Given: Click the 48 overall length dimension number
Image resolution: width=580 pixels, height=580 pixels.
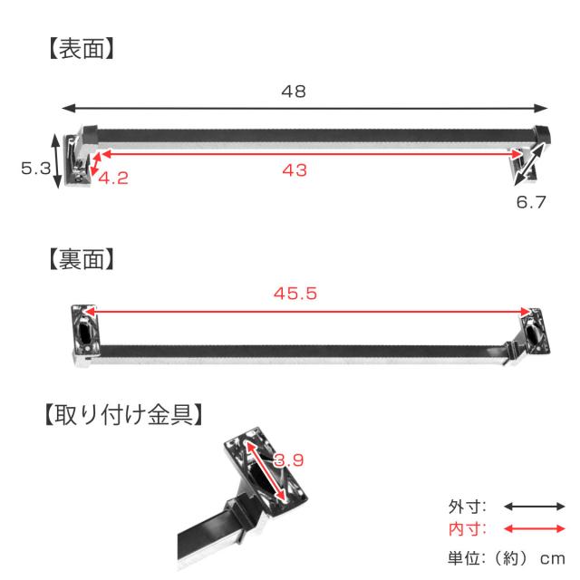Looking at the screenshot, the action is click(x=294, y=92).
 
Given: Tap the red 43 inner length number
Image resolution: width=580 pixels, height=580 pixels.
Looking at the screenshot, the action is click(x=295, y=170).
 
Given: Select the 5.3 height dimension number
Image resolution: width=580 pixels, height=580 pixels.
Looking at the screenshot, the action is click(x=35, y=169).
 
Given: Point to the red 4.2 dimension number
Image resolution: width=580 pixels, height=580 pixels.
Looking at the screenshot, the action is click(x=113, y=179).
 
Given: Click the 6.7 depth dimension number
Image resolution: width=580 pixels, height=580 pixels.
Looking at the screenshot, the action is click(x=531, y=202).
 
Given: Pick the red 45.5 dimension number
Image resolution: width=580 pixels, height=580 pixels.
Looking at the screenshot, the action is click(x=295, y=294).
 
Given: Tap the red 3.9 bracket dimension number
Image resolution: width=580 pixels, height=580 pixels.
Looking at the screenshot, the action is click(x=289, y=460).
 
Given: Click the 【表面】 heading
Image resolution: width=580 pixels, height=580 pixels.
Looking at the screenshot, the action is click(x=82, y=49).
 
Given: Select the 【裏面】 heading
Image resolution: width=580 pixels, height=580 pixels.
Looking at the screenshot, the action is click(x=82, y=259).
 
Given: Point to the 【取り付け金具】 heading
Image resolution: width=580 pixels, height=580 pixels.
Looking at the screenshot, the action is click(x=123, y=415).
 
